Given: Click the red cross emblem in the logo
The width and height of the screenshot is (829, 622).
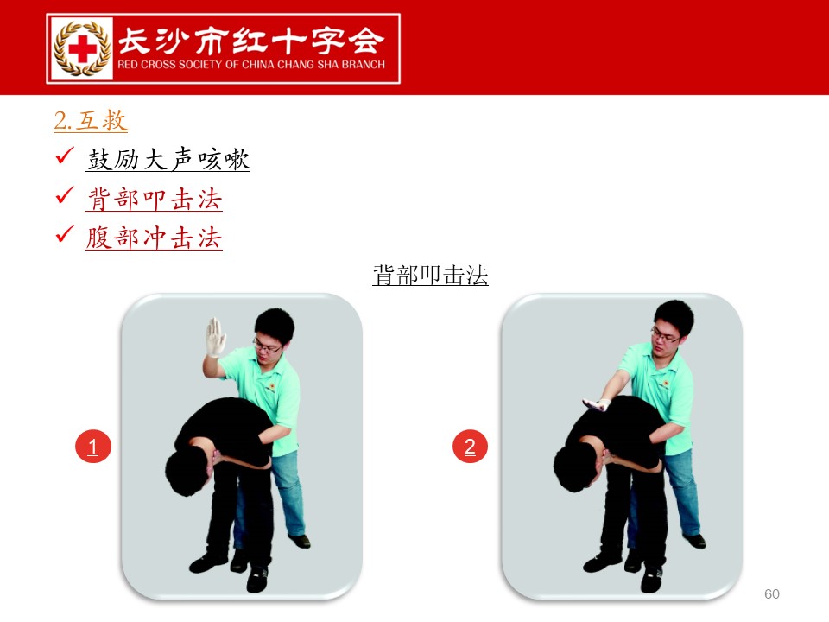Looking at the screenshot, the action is click(83, 48).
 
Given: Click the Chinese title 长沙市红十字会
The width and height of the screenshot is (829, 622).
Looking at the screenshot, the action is click(250, 41).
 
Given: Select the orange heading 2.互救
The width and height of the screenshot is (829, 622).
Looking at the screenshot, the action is click(91, 121).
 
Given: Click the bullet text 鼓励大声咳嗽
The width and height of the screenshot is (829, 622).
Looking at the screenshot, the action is click(168, 159).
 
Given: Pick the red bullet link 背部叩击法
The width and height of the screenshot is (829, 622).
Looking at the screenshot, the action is click(154, 199).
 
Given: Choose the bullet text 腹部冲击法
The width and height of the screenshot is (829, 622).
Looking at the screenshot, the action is click(154, 238).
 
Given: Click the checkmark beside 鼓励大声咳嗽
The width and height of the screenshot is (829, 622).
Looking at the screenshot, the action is click(65, 155).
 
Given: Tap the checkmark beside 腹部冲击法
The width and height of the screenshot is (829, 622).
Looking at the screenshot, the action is click(65, 233).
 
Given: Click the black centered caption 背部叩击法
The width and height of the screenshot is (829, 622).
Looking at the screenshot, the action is click(430, 275).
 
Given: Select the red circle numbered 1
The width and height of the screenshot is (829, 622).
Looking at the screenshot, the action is click(93, 447).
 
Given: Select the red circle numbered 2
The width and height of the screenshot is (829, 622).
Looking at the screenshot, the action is click(470, 447).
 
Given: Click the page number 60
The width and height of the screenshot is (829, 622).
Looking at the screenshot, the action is click(772, 594).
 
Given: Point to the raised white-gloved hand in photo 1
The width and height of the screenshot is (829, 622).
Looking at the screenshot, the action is click(215, 337).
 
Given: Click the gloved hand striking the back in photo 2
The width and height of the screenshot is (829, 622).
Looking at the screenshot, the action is click(597, 404).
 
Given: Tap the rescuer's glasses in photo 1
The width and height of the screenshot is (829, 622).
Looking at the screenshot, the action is click(267, 346).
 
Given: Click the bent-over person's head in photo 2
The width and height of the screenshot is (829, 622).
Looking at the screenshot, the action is click(575, 470).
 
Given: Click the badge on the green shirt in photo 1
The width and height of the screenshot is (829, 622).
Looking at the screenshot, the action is click(272, 387).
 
